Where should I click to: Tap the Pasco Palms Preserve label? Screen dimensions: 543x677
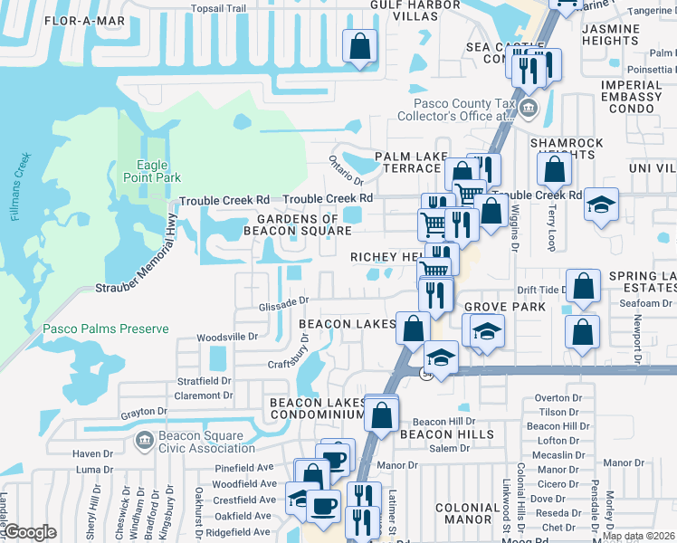(x=105, y=329)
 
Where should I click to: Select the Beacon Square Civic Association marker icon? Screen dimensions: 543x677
(x=143, y=441)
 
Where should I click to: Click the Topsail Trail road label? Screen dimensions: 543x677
(x=218, y=8)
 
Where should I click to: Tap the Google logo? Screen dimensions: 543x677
(x=30, y=532)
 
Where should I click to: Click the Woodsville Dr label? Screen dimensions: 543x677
(x=228, y=337)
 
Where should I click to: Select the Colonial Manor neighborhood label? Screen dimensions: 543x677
(x=475, y=515)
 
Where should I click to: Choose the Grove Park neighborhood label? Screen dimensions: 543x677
(x=504, y=307)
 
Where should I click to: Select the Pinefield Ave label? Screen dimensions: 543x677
(x=244, y=469)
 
